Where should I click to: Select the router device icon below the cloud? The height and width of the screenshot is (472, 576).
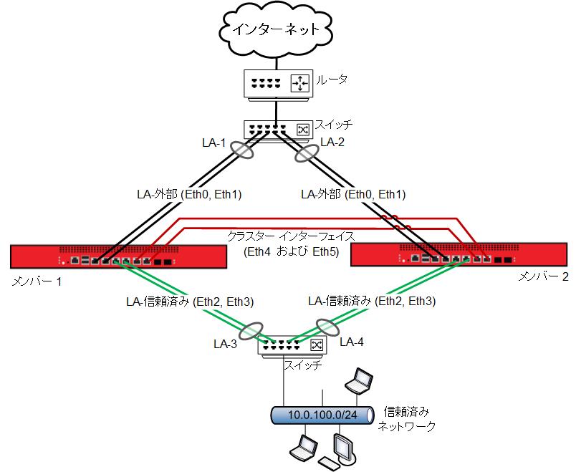pyautogui.click(x=277, y=83)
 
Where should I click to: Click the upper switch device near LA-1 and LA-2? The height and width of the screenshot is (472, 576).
pyautogui.click(x=277, y=129)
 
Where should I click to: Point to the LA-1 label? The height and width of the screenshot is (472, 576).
pyautogui.click(x=213, y=143)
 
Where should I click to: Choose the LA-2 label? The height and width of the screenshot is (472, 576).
pyautogui.click(x=332, y=143)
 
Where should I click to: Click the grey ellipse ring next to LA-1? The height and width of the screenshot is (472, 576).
pyautogui.click(x=242, y=152)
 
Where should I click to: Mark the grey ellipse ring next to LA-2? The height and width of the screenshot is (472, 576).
pyautogui.click(x=307, y=152)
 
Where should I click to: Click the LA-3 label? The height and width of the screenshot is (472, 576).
pyautogui.click(x=227, y=343)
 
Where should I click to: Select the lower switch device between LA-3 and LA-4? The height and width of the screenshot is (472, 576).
pyautogui.click(x=291, y=345)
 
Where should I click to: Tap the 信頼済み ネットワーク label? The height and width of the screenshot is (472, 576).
pyautogui.click(x=407, y=418)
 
